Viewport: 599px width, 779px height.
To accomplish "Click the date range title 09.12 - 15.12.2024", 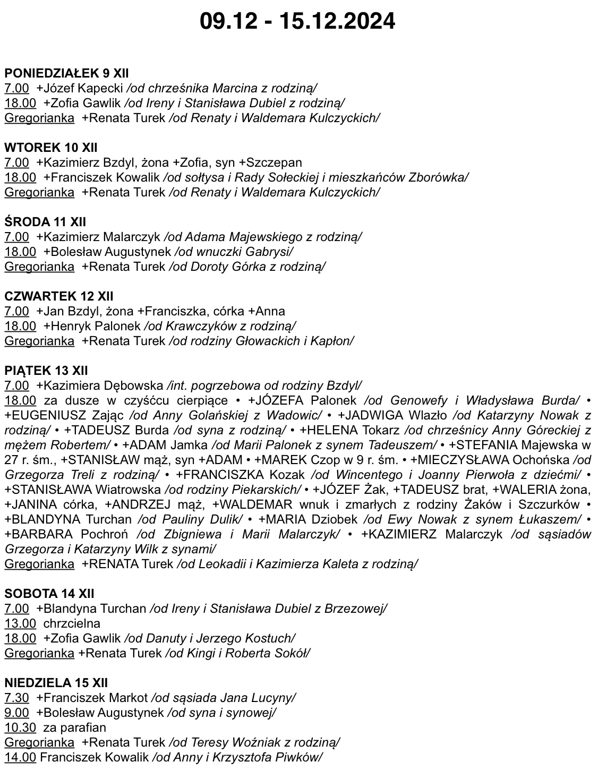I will point(297,21).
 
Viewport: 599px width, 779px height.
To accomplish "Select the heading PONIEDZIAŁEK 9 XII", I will point(66,73).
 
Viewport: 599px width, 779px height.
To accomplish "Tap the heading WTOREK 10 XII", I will point(51,148).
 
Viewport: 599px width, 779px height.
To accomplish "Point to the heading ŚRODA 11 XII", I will point(45,222).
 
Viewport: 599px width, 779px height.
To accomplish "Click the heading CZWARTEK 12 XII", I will point(59,296).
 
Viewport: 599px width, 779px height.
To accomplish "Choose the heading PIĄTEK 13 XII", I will point(46,371).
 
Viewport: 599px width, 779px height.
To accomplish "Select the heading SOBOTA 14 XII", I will point(49,594).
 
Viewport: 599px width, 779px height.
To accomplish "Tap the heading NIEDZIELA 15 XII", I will point(56,683).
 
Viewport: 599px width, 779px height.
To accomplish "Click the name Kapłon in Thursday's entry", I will point(333,341).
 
